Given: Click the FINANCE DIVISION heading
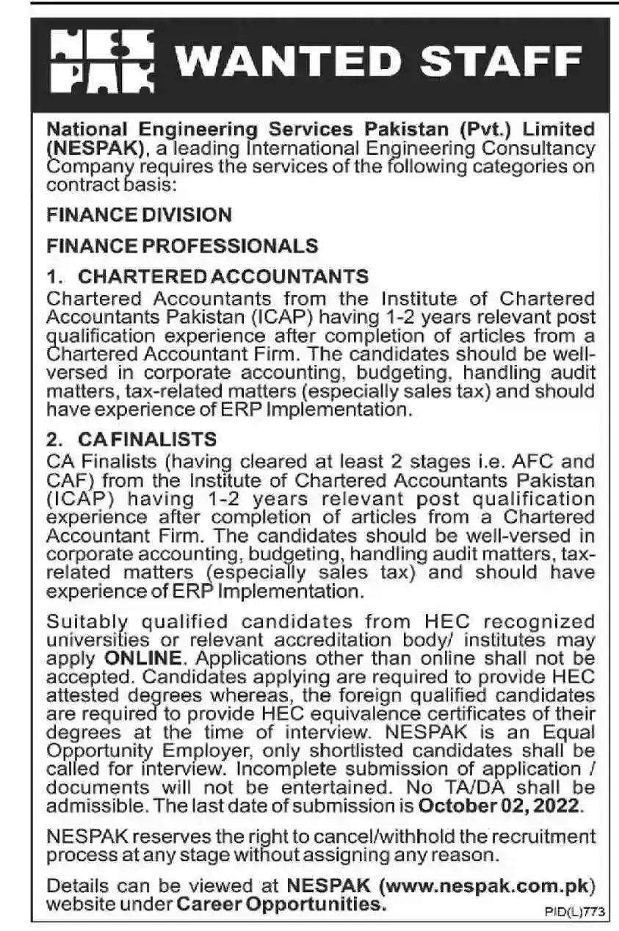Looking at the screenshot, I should click(x=139, y=214).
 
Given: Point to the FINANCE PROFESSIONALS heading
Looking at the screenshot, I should click(x=182, y=245).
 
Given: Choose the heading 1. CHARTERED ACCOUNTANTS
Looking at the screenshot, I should click(x=207, y=276).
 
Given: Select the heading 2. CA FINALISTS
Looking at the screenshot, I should click(x=131, y=439).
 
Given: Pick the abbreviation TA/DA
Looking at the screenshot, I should click(x=507, y=787).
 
